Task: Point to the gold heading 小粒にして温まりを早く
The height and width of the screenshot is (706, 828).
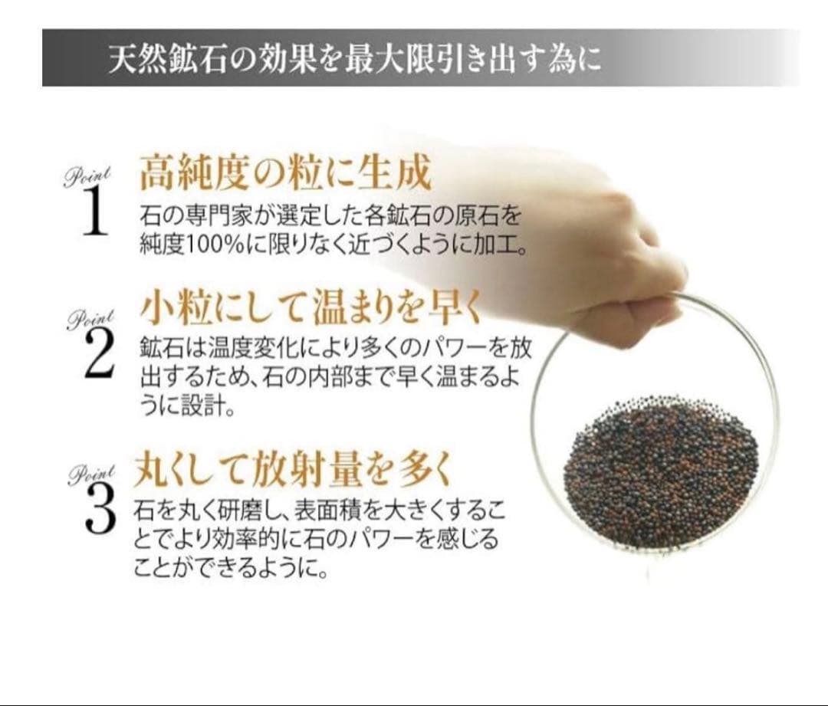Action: pos(311,310)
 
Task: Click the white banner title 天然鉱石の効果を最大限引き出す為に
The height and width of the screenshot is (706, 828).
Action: pos(353,59)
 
